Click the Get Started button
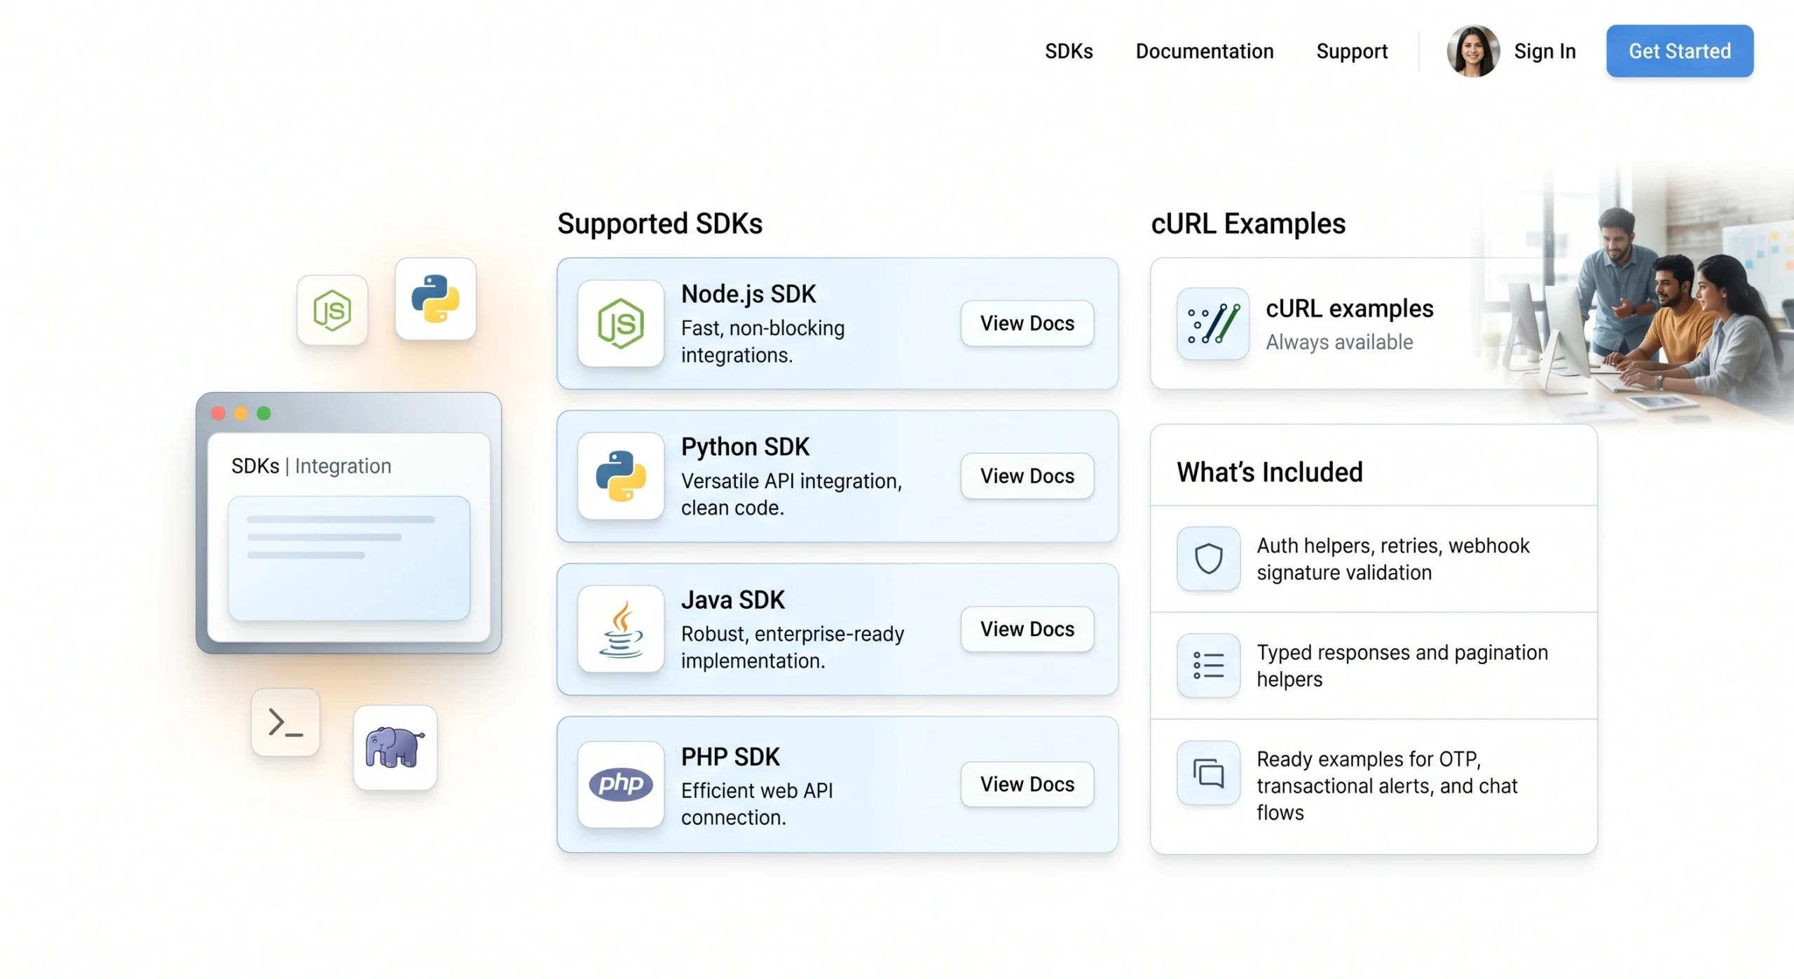[x=1679, y=51]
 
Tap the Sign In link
[x=1545, y=51]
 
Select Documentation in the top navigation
[x=1204, y=51]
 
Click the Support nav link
[x=1352, y=51]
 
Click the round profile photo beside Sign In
[x=1473, y=51]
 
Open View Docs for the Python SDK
[x=1027, y=476]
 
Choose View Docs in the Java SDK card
[x=1027, y=629]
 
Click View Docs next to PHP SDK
[x=1027, y=784]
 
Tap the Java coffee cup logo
[x=621, y=629]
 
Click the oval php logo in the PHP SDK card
[x=621, y=784]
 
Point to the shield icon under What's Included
[x=1209, y=559]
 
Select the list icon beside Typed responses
[x=1209, y=666]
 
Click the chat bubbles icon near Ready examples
[x=1209, y=773]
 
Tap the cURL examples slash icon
[x=1214, y=323]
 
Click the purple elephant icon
[x=395, y=748]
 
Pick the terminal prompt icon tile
[x=286, y=722]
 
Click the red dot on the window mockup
[x=219, y=414]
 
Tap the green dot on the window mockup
[x=264, y=414]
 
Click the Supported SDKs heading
[x=659, y=224]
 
